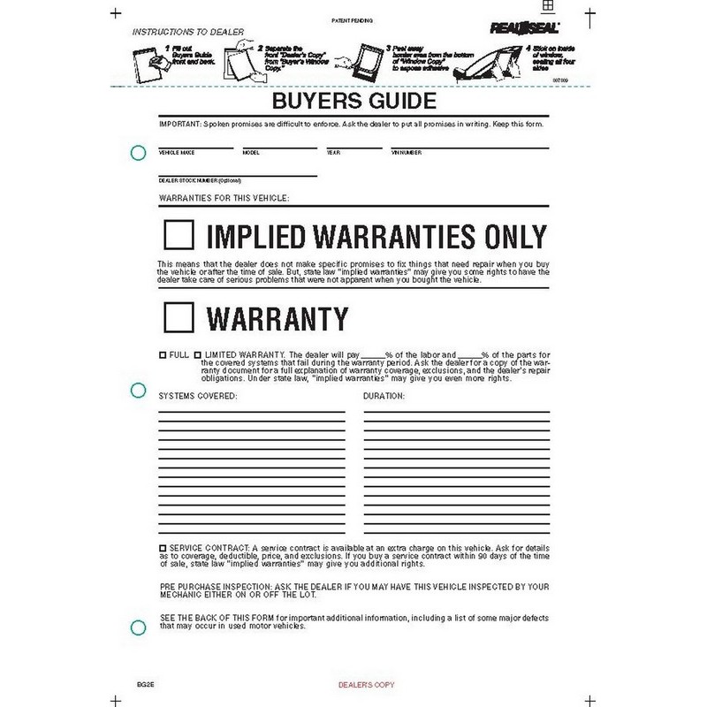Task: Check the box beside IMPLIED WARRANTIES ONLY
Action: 179,236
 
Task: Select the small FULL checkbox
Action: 163,353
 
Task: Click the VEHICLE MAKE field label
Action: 175,153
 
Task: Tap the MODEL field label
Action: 251,153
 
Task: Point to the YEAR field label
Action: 332,153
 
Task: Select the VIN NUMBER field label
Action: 407,153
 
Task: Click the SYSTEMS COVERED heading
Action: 197,396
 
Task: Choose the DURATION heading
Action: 384,396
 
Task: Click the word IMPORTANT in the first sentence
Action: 179,123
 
